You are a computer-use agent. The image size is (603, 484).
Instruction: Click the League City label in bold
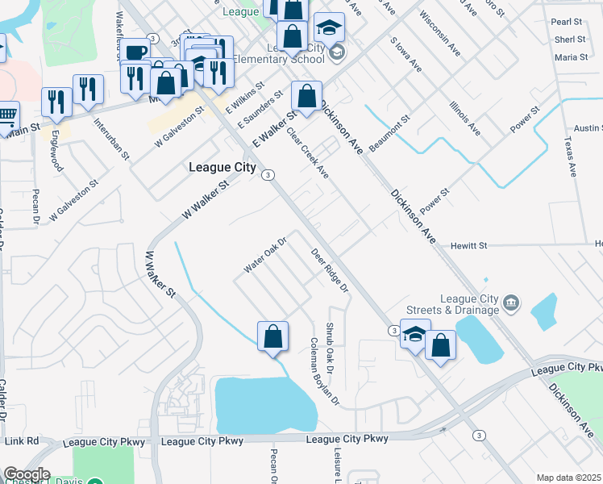coord(222,168)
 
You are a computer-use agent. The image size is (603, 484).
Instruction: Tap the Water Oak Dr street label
coord(266,253)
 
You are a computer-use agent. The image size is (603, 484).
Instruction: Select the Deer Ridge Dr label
coord(330,270)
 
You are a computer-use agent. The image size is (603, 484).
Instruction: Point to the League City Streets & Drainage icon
coord(510,303)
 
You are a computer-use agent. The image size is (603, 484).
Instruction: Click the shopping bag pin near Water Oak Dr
coord(272,336)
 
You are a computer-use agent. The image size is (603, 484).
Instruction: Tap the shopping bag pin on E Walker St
coord(306,97)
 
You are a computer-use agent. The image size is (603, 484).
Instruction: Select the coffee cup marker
coord(136,53)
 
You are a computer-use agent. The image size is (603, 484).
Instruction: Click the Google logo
coord(27,474)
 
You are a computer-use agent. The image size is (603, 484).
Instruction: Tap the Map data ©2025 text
coord(568,478)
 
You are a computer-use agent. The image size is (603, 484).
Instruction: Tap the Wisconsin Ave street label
coord(440,32)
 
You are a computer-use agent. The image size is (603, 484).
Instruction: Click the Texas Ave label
coord(572,156)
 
